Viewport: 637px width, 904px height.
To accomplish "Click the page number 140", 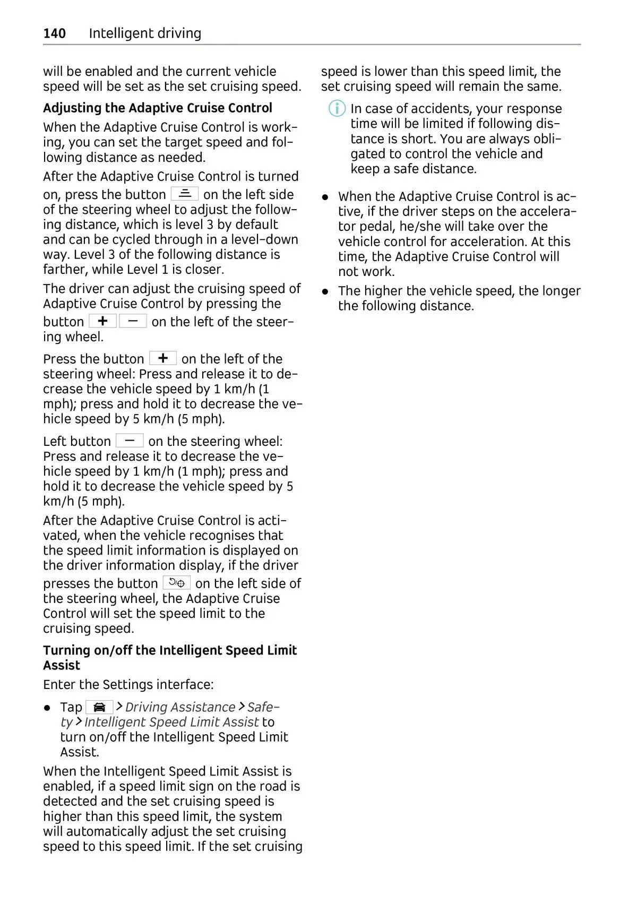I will pyautogui.click(x=54, y=33).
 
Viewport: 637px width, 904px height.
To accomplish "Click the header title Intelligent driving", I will pyautogui.click(x=145, y=33).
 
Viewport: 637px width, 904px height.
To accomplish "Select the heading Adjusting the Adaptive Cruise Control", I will pyautogui.click(x=157, y=108).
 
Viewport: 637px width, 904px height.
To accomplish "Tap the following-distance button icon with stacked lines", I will pyautogui.click(x=185, y=194).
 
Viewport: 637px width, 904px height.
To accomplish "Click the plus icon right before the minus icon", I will pyautogui.click(x=102, y=321).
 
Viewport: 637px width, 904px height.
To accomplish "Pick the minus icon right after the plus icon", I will pyautogui.click(x=133, y=321).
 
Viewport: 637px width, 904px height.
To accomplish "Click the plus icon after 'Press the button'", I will pyautogui.click(x=163, y=358).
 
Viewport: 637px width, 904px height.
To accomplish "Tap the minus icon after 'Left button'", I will pyautogui.click(x=130, y=441).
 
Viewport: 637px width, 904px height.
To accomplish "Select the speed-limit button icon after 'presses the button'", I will pyautogui.click(x=176, y=583).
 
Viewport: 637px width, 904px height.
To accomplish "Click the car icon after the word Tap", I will pyautogui.click(x=99, y=707).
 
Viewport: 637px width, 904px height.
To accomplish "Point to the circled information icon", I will pyautogui.click(x=337, y=109).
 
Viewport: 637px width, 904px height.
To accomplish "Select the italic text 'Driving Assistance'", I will pyautogui.click(x=180, y=707).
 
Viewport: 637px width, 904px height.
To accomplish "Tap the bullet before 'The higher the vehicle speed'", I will pyautogui.click(x=325, y=291).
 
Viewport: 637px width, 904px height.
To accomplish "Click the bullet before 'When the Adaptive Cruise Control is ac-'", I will pyautogui.click(x=325, y=197).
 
